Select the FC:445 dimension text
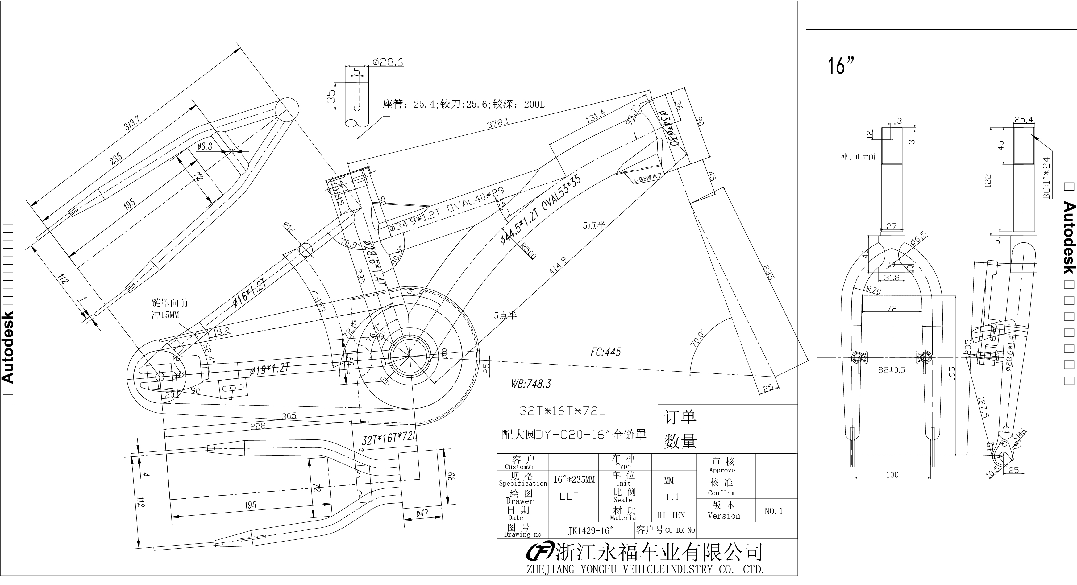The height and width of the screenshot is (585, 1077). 605,352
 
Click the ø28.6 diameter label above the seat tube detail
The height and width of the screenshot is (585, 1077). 388,63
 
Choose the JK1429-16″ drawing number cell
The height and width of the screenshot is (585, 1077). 590,531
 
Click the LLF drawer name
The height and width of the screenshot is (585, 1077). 569,496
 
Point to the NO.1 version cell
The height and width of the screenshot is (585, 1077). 773,511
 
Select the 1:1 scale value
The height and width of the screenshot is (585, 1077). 672,497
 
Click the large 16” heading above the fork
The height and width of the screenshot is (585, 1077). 841,66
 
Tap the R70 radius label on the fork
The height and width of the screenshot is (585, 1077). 873,290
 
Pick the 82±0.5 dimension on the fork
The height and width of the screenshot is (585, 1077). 891,370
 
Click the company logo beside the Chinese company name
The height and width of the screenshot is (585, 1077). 540,552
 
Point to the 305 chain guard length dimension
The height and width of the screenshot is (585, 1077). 289,416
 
